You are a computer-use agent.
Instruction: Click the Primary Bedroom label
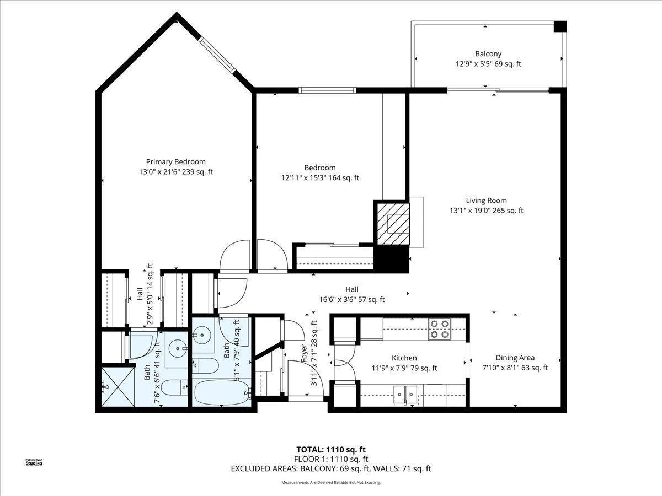[176, 161]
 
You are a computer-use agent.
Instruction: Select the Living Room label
[486, 201]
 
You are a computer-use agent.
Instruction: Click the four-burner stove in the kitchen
[440, 329]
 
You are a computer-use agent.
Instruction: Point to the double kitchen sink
[405, 393]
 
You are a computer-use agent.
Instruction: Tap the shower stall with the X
[118, 387]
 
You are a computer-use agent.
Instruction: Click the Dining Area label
[515, 358]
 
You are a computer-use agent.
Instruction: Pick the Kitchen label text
[404, 358]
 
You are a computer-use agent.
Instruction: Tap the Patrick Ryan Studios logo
[34, 462]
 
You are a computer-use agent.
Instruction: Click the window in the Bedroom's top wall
[328, 90]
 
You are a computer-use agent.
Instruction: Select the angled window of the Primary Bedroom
[217, 55]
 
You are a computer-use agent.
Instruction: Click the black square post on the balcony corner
[560, 26]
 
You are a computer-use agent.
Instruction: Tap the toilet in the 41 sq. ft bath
[174, 388]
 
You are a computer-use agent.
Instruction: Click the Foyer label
[304, 353]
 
